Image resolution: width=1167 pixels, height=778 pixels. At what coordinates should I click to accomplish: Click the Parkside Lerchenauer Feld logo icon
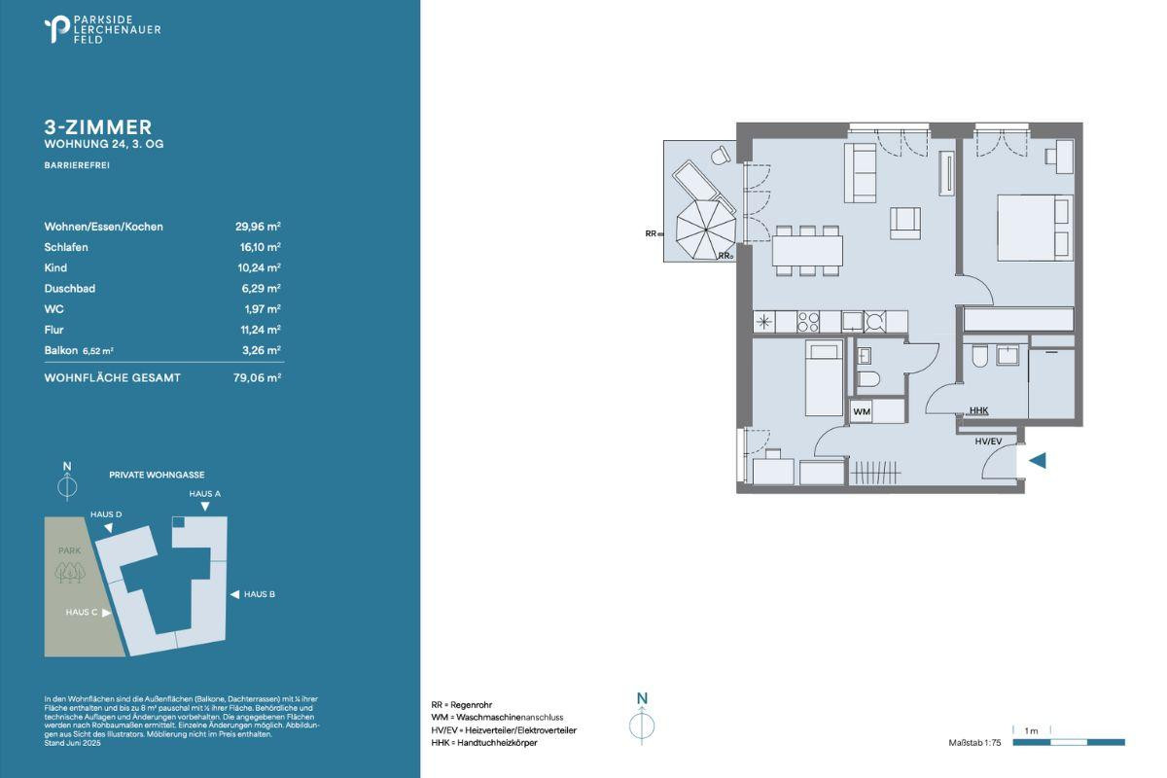point(56,29)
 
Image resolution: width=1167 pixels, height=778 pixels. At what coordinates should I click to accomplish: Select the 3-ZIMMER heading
point(98,127)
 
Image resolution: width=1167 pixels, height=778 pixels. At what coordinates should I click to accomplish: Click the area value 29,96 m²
point(258,227)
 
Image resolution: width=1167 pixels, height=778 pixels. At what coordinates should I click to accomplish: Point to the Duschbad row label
point(70,289)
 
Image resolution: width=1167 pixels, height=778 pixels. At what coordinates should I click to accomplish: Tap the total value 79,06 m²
point(258,377)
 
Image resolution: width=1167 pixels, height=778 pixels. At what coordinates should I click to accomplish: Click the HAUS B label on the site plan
point(260,594)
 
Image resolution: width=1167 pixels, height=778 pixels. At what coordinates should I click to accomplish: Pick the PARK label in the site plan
point(70,550)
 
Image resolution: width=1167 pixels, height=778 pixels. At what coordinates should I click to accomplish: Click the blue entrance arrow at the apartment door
point(1038,461)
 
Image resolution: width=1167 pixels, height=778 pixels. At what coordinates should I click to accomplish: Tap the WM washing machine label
point(862,411)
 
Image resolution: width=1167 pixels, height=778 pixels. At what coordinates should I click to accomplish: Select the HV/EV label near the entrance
point(988,442)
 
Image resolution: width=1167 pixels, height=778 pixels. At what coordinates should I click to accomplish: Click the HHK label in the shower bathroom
point(979,410)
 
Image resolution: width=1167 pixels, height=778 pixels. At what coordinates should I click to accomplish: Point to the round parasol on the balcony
point(706,230)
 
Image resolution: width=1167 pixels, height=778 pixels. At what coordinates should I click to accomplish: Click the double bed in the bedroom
point(1035,228)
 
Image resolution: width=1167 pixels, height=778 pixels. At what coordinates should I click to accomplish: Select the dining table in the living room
point(807,251)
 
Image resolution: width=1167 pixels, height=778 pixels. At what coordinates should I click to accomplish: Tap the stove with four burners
point(808,322)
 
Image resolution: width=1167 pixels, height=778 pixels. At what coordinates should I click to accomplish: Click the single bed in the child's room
point(824,377)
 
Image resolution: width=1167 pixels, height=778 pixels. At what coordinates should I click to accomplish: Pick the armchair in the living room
point(905,224)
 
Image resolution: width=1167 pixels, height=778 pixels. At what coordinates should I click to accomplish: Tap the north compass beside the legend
point(642,721)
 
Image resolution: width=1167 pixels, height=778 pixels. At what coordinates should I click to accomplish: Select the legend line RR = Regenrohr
point(462,705)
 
